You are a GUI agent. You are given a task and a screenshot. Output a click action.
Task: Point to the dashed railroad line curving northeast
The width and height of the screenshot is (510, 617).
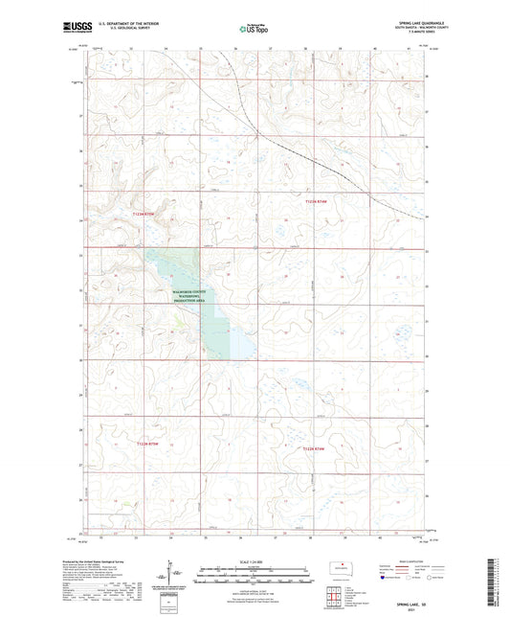(306, 152)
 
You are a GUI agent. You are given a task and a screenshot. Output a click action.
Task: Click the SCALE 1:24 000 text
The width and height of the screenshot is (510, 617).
(254, 562)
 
